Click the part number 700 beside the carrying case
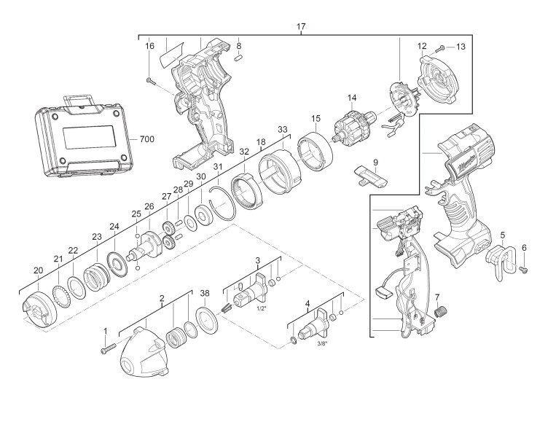tap(146, 139)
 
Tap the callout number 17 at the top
tap(301, 26)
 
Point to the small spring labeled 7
tap(441, 313)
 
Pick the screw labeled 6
tap(524, 270)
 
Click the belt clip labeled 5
tap(500, 262)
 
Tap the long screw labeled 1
tap(108, 348)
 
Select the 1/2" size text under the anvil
tap(261, 308)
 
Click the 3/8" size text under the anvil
tap(322, 343)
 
